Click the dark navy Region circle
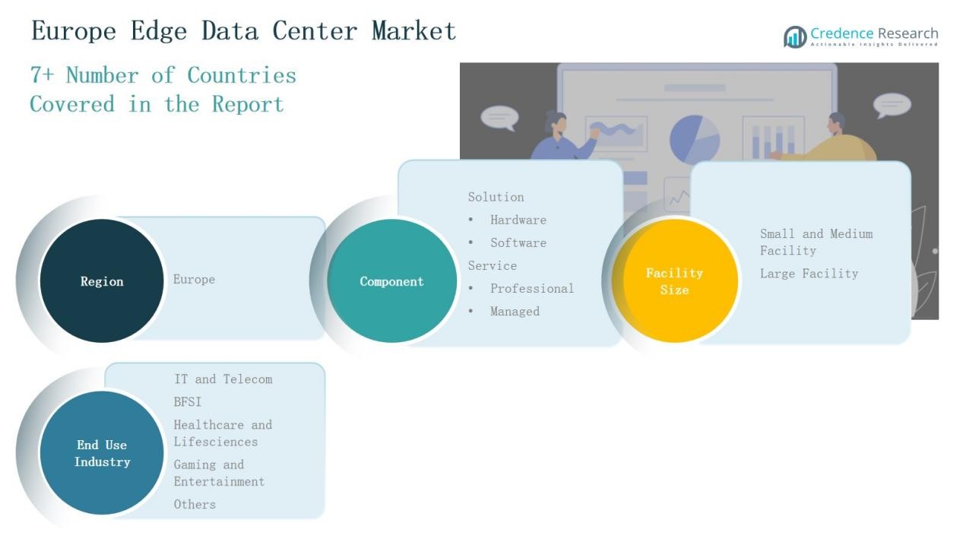102,281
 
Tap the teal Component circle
391,281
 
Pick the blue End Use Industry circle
102,453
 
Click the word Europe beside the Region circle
194,280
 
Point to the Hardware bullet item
518,220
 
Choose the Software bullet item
518,243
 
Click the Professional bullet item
531,289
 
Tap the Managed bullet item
515,312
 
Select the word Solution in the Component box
496,198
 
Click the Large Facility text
809,274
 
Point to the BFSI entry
188,402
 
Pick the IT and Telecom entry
223,379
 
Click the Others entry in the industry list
195,505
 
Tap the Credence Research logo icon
795,36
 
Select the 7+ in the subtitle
42,75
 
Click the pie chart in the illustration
695,138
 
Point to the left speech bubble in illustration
499,118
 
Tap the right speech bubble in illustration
892,104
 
